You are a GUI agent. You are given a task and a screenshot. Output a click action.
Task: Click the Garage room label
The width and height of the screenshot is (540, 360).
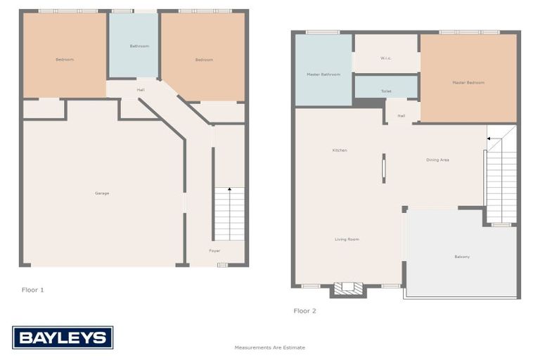pos(102,193)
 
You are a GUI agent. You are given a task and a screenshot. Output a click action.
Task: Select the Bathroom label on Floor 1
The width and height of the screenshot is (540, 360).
pos(139,46)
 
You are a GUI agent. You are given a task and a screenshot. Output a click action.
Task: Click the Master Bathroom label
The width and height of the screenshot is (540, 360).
pos(323,75)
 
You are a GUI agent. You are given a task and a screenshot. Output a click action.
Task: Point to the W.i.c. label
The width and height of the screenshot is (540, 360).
pos(385,58)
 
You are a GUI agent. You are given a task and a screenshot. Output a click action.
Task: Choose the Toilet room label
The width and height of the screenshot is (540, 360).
pos(386,91)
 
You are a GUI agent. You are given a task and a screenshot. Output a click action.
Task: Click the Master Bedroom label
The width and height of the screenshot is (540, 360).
pos(468,83)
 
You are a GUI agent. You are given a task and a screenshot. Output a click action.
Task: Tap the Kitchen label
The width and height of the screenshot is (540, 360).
pos(340,150)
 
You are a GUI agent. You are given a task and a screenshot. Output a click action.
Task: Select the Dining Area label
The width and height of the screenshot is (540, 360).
pos(437,160)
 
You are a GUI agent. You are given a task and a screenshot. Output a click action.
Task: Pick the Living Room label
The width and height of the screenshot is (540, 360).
pos(347,240)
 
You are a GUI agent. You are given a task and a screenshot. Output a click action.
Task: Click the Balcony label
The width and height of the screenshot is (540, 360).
pos(462,257)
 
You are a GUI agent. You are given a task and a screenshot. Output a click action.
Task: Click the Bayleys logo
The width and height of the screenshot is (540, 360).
pos(63,338)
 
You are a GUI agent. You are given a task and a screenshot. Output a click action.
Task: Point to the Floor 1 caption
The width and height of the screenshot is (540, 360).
pos(33,290)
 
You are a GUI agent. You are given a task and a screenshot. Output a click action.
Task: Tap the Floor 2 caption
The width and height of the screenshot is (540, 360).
pos(305,310)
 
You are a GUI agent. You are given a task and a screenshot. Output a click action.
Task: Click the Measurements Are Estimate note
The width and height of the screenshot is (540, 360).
pos(270,347)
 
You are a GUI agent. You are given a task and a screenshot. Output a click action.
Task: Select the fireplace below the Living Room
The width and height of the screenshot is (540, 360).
pos(348,288)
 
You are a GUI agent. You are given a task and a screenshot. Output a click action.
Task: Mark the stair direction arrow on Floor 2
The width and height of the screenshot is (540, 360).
pos(490,139)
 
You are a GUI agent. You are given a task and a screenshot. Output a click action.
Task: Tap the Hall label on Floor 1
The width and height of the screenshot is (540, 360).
pos(141,90)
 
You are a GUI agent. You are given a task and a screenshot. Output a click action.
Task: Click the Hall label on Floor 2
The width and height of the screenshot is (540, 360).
pos(401,116)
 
